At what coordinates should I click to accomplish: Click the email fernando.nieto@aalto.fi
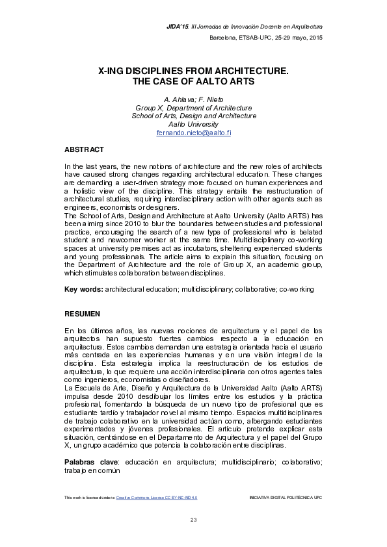(x=194, y=133)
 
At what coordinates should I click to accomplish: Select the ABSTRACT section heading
(x=84, y=149)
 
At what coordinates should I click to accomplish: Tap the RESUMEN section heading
(x=82, y=314)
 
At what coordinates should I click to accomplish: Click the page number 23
(x=193, y=519)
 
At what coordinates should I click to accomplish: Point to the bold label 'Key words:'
(x=83, y=288)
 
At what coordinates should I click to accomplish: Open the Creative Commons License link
(x=156, y=497)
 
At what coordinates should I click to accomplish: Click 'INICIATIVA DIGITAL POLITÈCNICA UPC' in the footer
(x=286, y=497)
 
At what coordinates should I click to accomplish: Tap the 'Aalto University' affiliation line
(x=194, y=124)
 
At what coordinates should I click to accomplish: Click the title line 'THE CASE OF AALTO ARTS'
(x=194, y=82)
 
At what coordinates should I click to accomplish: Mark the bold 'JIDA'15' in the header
(x=178, y=26)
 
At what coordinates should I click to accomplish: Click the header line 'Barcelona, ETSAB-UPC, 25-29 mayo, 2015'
(x=265, y=38)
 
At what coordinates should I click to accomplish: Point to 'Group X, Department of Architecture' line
(x=194, y=107)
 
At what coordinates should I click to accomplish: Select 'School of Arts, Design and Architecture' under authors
(x=194, y=116)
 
